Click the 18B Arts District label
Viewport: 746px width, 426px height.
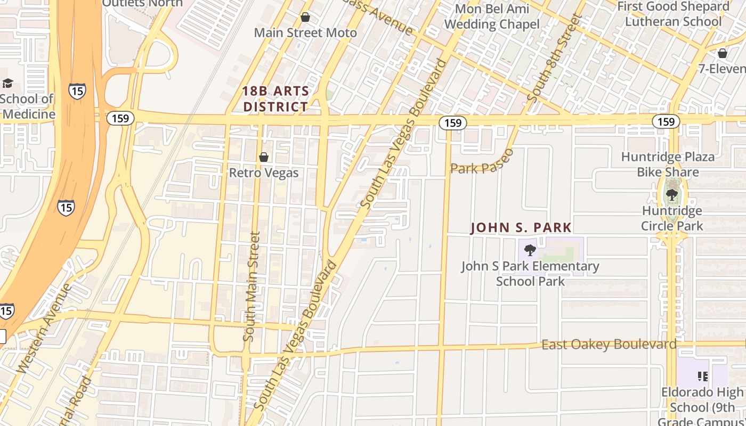[275, 99]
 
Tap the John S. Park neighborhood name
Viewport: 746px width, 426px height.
[521, 228]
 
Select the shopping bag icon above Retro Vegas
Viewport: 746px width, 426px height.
[264, 157]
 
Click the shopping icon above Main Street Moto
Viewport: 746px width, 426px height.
[305, 18]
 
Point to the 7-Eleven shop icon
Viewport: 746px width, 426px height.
[722, 53]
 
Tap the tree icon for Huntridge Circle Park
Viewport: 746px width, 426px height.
[672, 194]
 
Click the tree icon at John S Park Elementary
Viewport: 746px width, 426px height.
[530, 250]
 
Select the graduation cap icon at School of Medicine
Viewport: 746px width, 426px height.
[7, 83]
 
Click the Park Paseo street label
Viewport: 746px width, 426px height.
[482, 162]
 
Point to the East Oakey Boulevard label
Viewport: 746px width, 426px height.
[609, 345]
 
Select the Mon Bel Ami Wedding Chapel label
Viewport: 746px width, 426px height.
[492, 17]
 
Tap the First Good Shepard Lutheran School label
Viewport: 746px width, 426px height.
[673, 14]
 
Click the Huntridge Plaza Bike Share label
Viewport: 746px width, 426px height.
[668, 165]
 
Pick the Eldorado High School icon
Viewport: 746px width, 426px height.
[702, 377]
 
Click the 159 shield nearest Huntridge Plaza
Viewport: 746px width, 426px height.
[666, 121]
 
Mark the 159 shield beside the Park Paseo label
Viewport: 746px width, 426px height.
[453, 123]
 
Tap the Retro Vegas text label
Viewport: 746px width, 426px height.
[264, 173]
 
